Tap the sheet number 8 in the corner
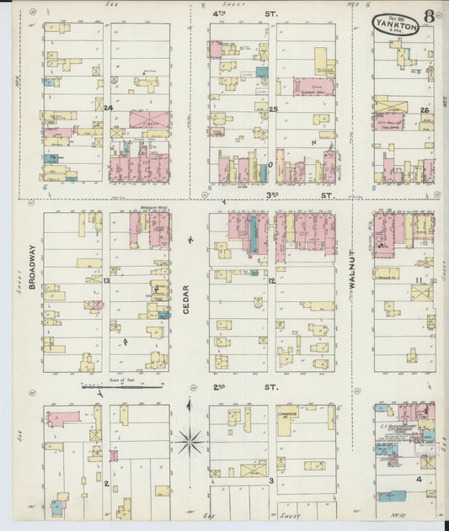[430, 16]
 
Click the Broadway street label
[32, 268]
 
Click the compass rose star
[191, 438]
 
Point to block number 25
[273, 109]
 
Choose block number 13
[107, 280]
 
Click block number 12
[271, 280]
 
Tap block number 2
[106, 483]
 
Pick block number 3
[271, 481]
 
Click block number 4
[418, 479]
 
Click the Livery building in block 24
[149, 119]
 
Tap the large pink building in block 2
[64, 418]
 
